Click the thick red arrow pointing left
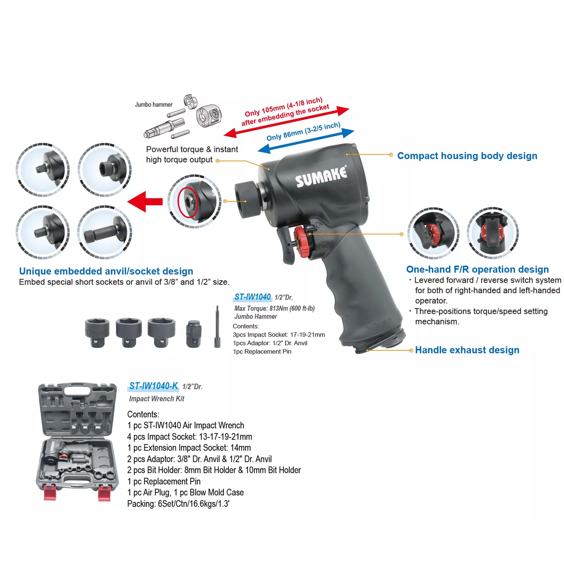pyautogui.click(x=145, y=201)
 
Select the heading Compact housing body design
pyautogui.click(x=467, y=156)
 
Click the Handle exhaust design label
pyautogui.click(x=467, y=350)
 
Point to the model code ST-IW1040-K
pyautogui.click(x=154, y=386)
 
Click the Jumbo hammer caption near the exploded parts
pyautogui.click(x=154, y=104)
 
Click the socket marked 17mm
pyautogui.click(x=97, y=333)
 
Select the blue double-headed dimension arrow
pyautogui.click(x=306, y=141)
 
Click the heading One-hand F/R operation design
pyautogui.click(x=477, y=269)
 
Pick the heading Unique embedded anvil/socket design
pyautogui.click(x=106, y=271)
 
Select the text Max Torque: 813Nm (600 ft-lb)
pyautogui.click(x=274, y=308)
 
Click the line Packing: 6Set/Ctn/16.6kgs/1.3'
pyautogui.click(x=178, y=504)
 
